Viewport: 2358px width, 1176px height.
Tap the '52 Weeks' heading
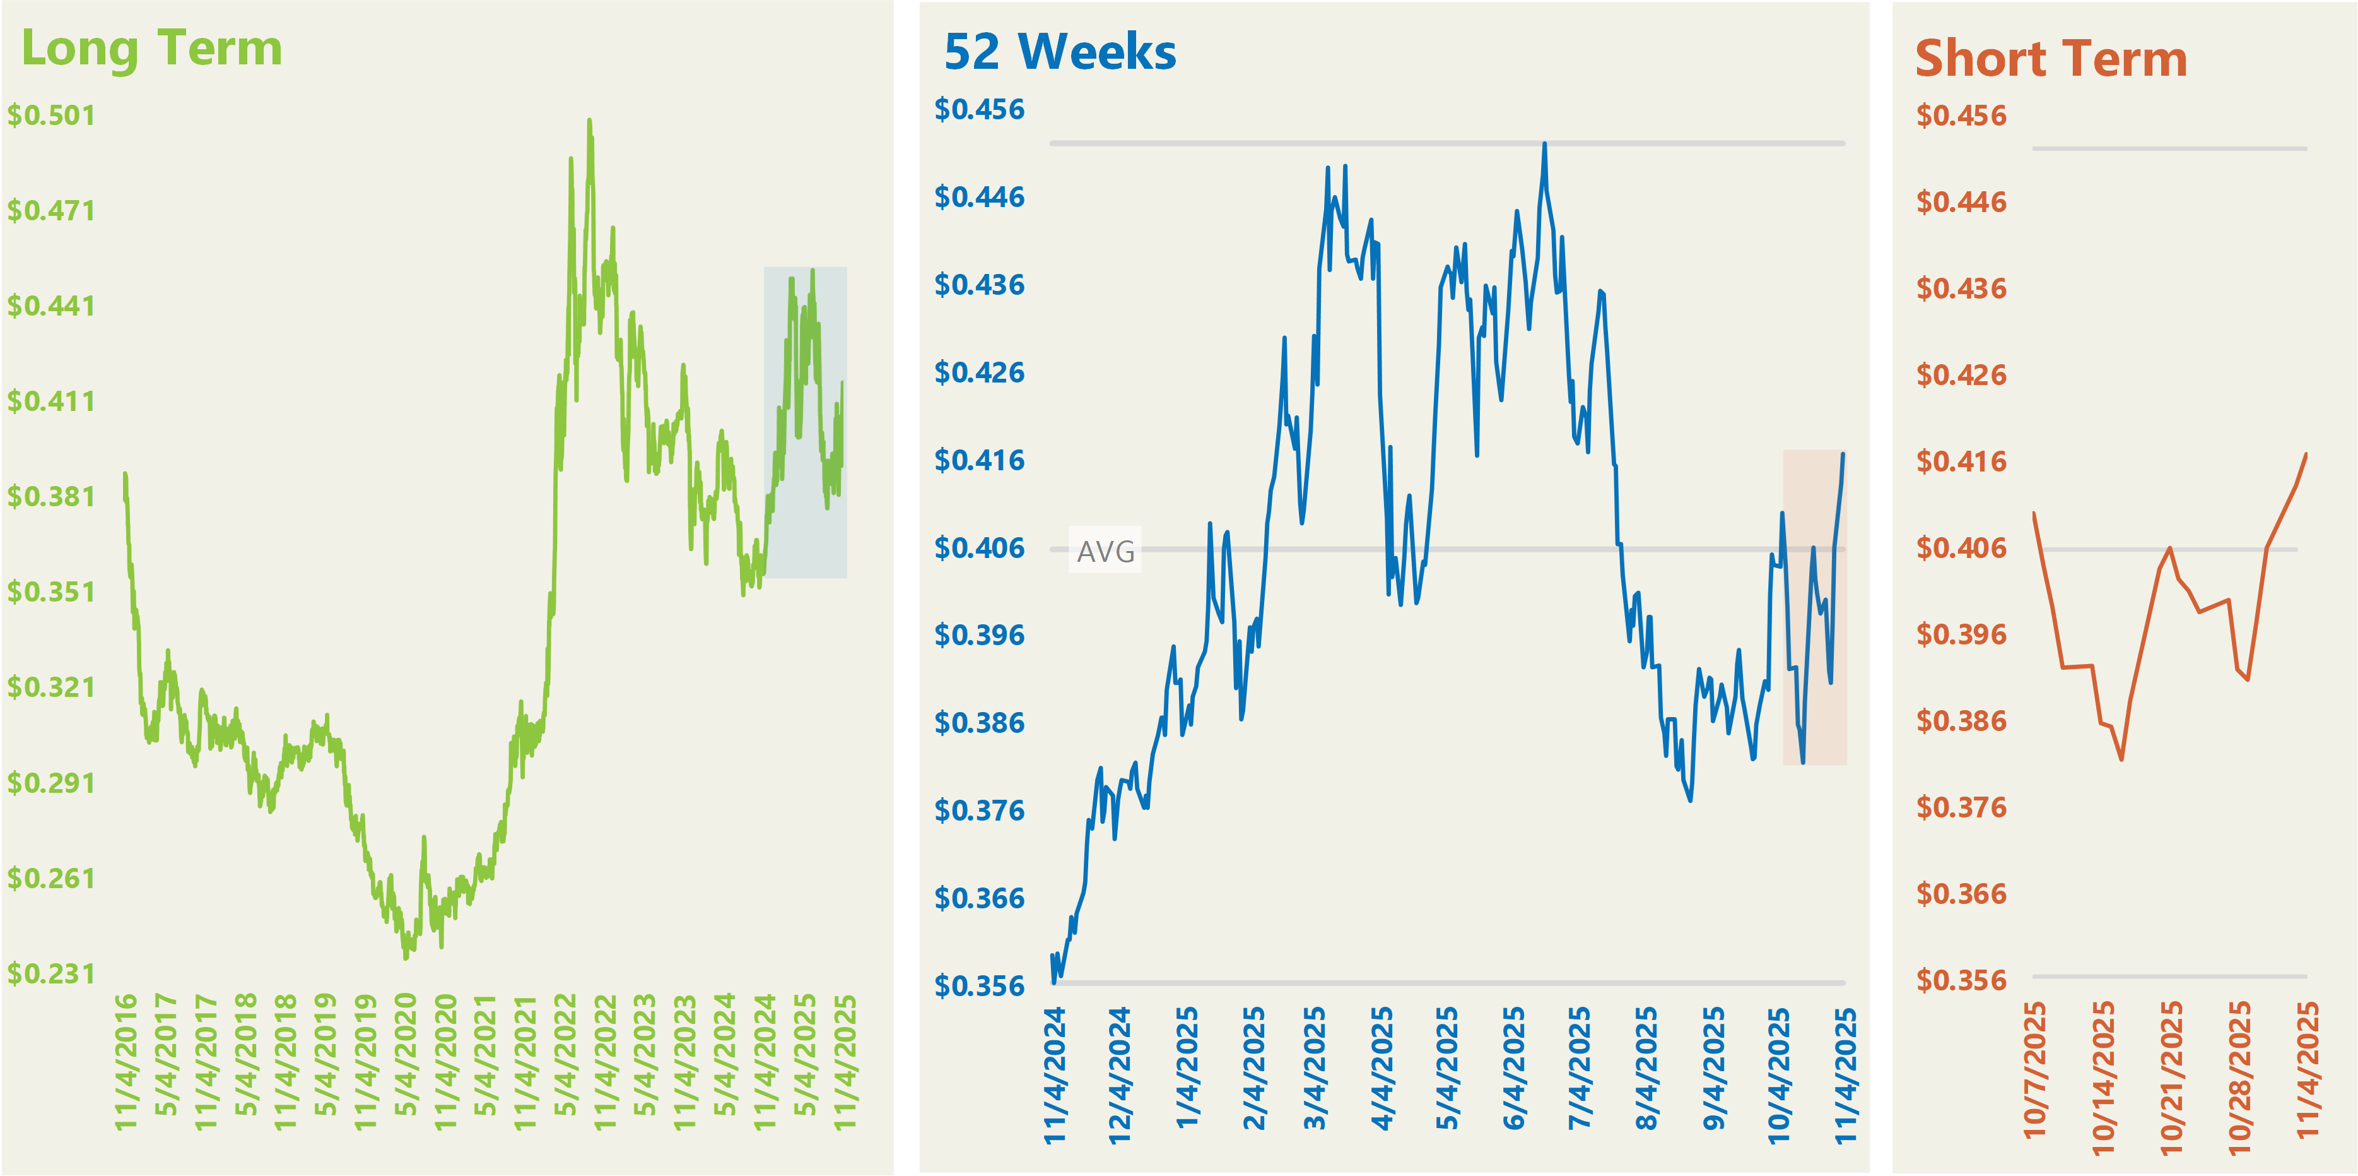click(1059, 52)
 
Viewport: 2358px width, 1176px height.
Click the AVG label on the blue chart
click(1105, 551)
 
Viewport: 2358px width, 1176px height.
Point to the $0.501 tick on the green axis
click(51, 116)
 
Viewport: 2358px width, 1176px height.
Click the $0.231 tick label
click(51, 973)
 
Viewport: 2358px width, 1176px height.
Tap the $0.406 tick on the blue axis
click(978, 549)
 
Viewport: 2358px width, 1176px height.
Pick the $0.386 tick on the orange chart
click(1961, 722)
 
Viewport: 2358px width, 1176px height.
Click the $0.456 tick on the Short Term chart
click(1961, 116)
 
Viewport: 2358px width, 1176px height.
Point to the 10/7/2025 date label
click(2034, 1070)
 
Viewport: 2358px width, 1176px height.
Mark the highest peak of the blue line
click(1544, 144)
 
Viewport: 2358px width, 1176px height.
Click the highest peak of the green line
click(589, 120)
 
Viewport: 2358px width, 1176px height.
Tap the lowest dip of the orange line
click(2121, 759)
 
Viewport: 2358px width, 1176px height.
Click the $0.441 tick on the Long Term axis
click(51, 306)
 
